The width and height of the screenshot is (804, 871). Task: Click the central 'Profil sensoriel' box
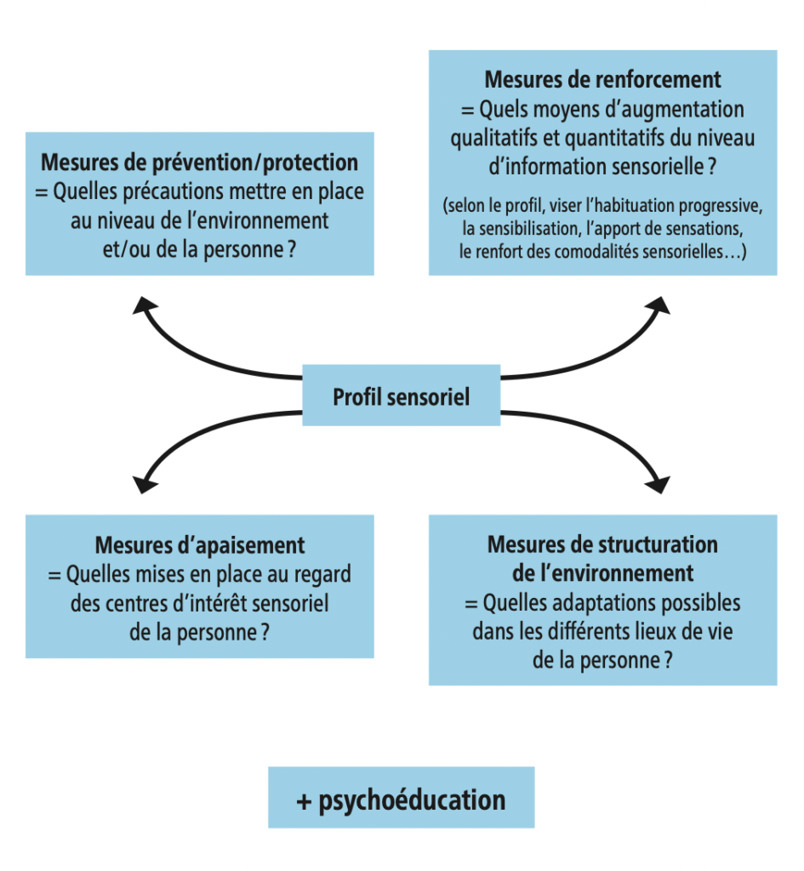tap(401, 397)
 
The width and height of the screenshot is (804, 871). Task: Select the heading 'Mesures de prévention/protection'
tap(199, 162)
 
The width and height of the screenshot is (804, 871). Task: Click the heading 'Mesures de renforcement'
tap(602, 80)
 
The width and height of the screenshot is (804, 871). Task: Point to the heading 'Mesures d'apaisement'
tap(199, 544)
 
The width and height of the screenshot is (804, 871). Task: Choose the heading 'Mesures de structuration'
tap(602, 544)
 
